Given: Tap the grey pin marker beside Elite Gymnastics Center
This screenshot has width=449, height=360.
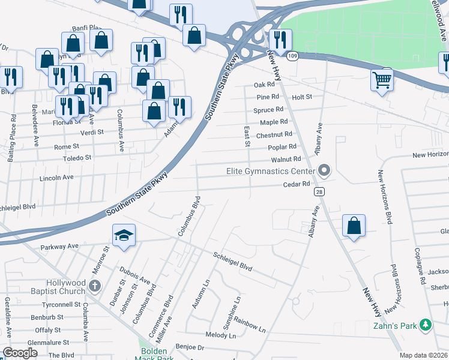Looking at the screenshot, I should point(324,172).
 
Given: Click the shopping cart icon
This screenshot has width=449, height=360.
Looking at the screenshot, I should point(382,79).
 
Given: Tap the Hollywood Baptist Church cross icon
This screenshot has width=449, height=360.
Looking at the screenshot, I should point(94,287).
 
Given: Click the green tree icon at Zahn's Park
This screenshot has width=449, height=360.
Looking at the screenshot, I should point(426,325).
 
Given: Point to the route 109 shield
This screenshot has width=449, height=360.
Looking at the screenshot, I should point(292,56).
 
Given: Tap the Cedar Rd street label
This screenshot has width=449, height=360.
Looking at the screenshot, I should point(297,184).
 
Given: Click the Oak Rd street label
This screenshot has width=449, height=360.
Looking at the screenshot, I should point(264,85).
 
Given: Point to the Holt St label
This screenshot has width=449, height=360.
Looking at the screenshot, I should point(302,97).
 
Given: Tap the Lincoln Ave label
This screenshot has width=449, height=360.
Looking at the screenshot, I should point(56,178).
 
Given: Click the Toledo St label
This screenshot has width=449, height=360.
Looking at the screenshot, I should point(77,158).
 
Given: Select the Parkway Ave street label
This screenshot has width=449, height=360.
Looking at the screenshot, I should point(59,246).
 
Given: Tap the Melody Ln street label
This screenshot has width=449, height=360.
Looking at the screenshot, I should point(220,335).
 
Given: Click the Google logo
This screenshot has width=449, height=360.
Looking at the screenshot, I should point(20,353).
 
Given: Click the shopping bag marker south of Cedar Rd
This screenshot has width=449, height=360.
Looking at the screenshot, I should point(354,226).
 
